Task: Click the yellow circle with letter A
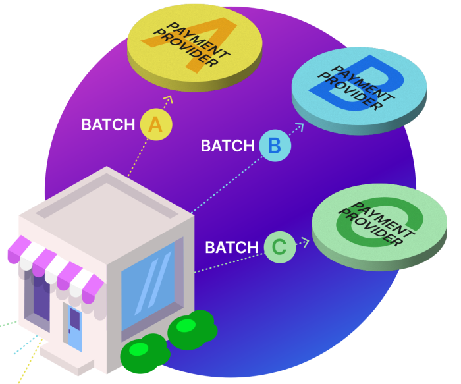[155, 124]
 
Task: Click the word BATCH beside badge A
[107, 124]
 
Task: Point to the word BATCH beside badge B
[227, 146]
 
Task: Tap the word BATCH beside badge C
[232, 248]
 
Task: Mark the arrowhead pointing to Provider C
[304, 242]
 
